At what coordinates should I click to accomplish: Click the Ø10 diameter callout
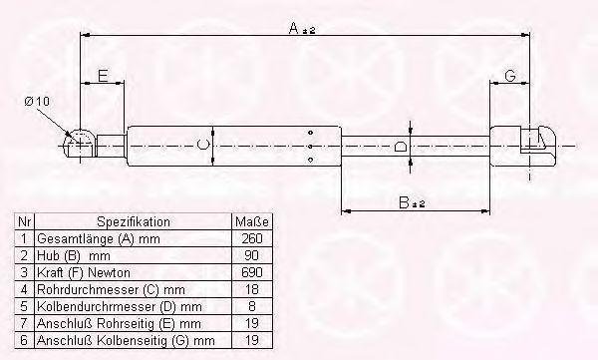tap(37, 102)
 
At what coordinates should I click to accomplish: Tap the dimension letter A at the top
tap(294, 28)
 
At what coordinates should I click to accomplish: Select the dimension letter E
tap(103, 76)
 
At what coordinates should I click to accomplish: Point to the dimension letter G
tap(510, 76)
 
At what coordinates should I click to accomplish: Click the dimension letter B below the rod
tap(404, 202)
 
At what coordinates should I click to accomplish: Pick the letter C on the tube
tap(203, 145)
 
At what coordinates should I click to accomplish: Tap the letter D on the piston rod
tap(400, 147)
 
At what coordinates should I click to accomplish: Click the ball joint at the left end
tap(80, 143)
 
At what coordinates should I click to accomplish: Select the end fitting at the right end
tap(522, 146)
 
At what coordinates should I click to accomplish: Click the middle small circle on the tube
tap(310, 147)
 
